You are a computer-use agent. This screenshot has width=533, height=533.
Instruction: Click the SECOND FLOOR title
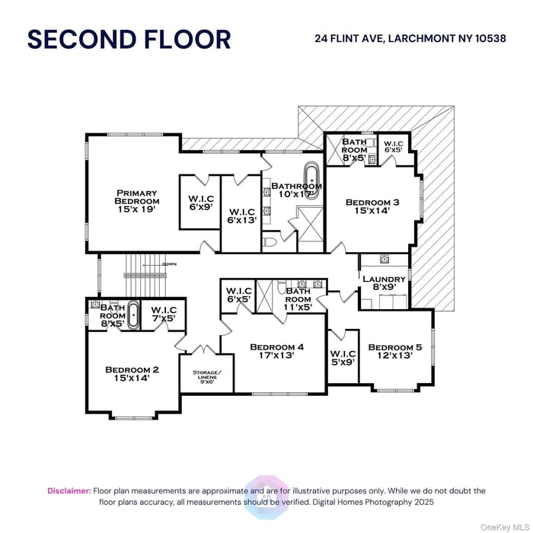(129, 40)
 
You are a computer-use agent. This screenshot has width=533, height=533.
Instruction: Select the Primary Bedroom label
(136, 201)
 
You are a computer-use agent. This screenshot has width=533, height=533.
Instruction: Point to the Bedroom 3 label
(372, 206)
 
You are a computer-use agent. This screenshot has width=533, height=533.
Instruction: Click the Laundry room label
(384, 283)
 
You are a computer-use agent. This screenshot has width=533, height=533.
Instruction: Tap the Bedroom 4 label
(277, 352)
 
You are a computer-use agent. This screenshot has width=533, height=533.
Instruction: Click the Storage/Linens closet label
(206, 376)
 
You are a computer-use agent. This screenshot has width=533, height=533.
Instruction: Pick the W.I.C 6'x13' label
(241, 215)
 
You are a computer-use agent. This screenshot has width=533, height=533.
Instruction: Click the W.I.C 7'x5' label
(164, 314)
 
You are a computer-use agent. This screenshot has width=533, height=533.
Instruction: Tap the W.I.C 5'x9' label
(343, 358)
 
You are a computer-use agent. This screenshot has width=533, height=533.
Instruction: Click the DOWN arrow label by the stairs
(170, 264)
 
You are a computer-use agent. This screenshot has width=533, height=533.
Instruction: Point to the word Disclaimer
(69, 491)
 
